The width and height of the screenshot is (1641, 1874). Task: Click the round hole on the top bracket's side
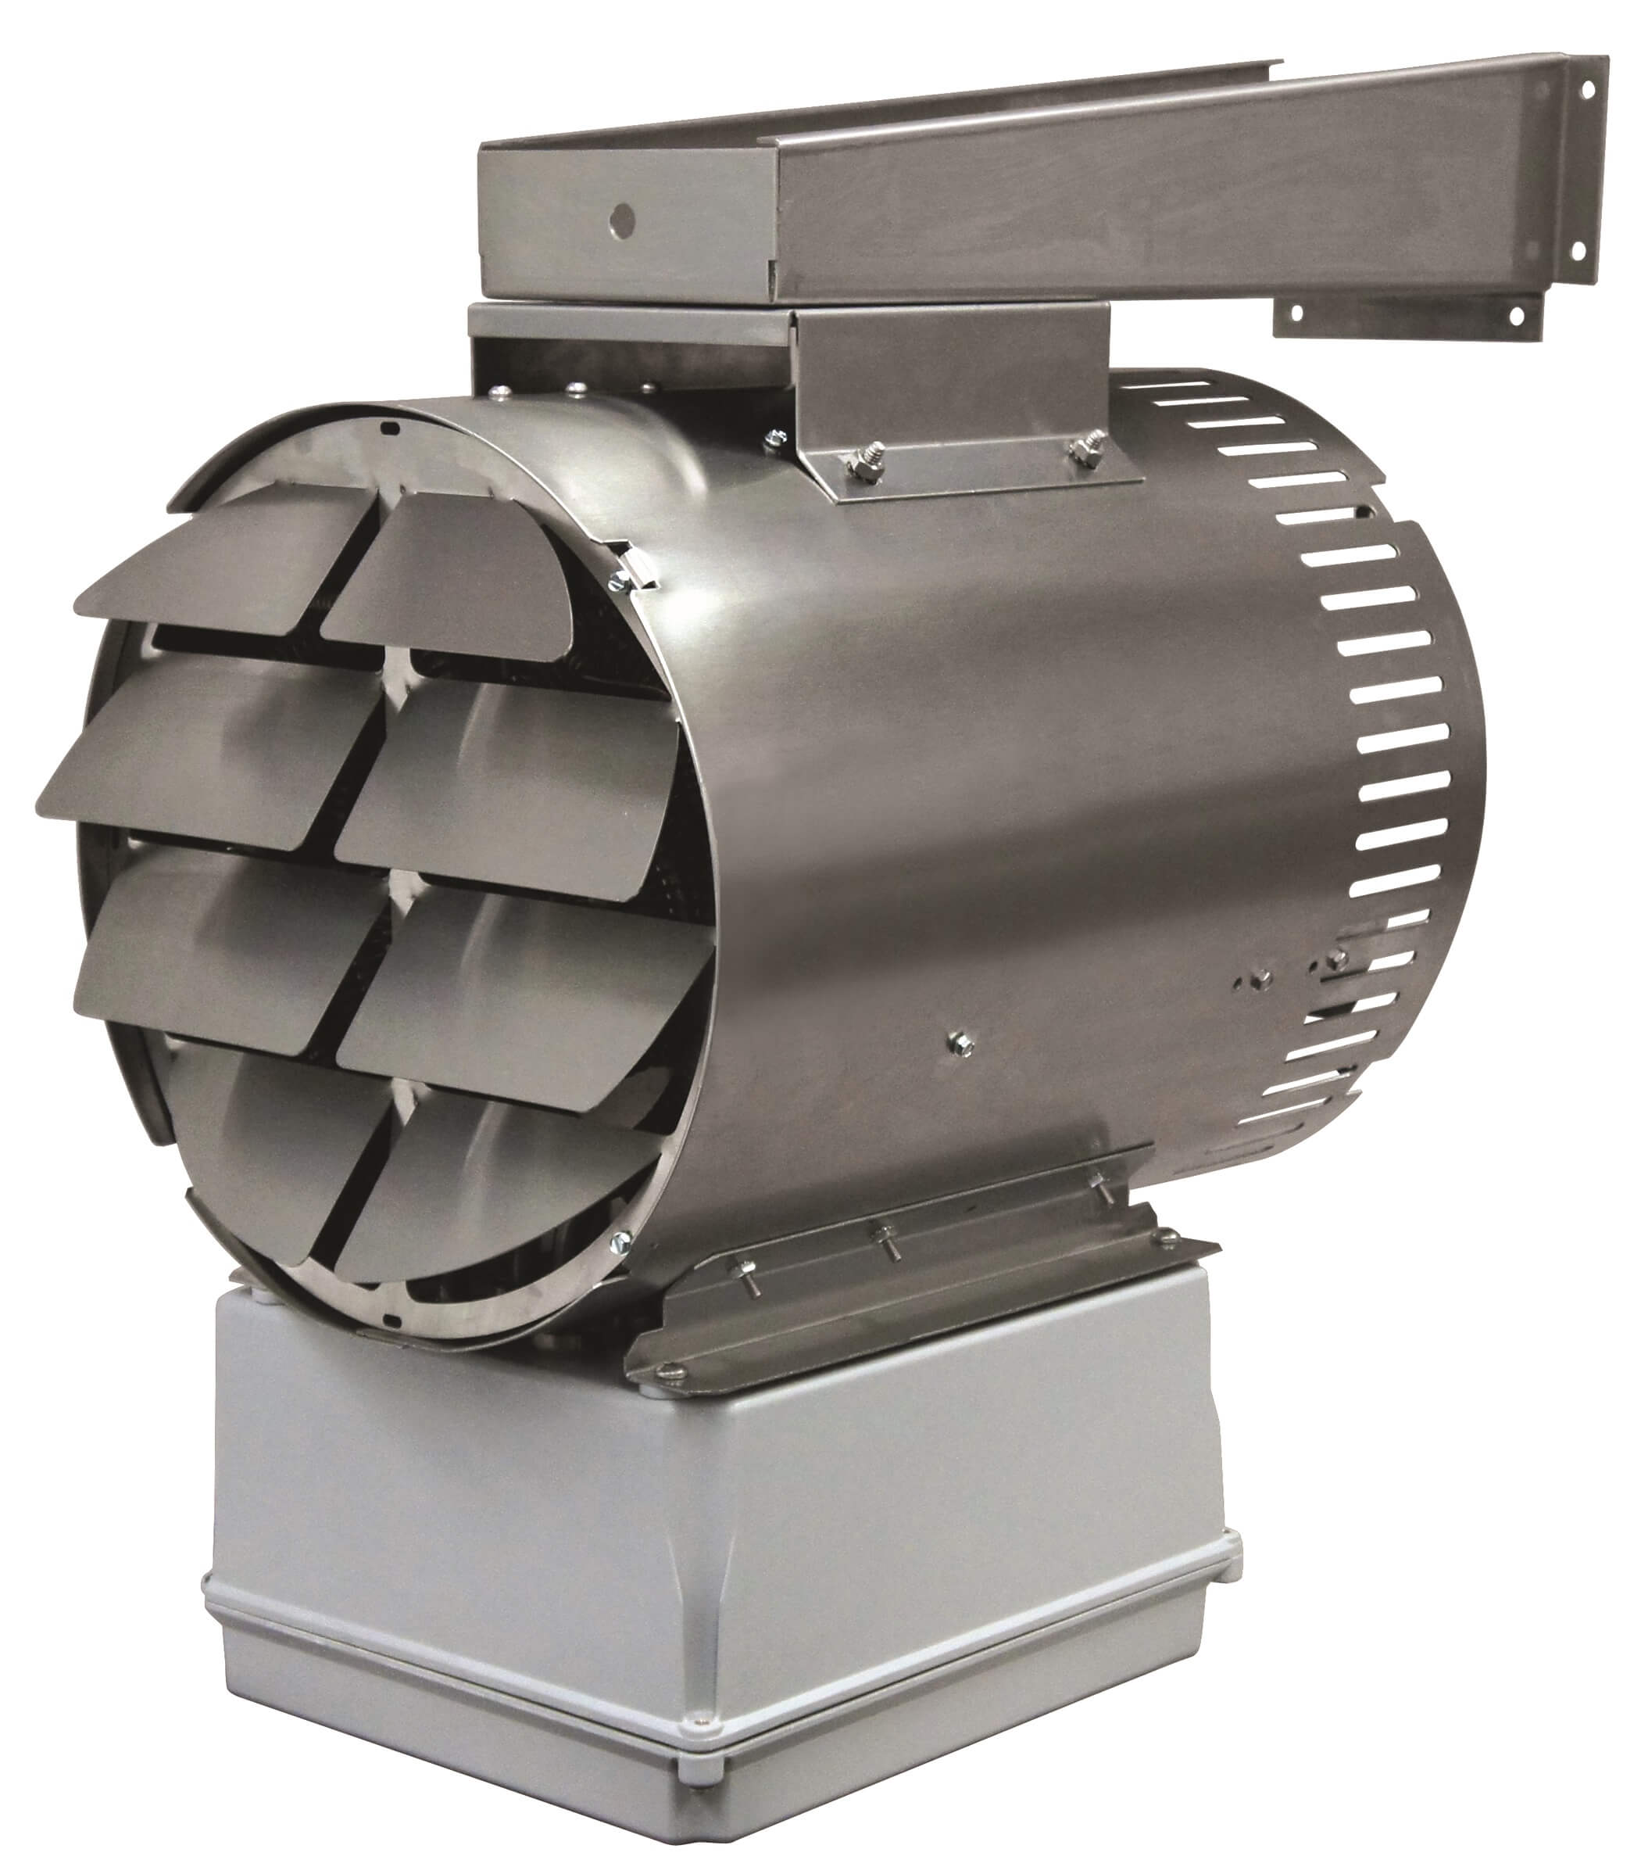coord(622,218)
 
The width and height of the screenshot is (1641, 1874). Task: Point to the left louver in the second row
coord(211,751)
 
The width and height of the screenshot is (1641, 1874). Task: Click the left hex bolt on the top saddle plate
coord(865,463)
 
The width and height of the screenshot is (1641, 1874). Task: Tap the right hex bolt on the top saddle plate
coord(1089,449)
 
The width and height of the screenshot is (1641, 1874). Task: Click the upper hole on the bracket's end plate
coord(1587,90)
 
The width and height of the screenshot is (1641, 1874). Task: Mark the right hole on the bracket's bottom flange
coord(1515,316)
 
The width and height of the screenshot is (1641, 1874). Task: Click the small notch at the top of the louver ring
coord(389,426)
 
